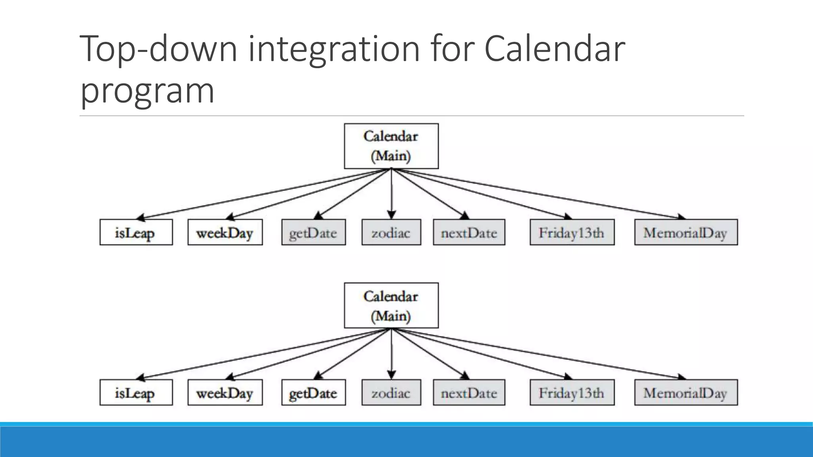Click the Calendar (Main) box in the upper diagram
[x=391, y=146]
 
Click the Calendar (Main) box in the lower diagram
[x=391, y=305]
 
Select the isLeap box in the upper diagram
[x=136, y=232]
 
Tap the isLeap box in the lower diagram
[x=136, y=393]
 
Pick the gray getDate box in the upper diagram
[x=313, y=232]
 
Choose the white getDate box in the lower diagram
[x=313, y=393]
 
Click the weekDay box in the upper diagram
[x=225, y=232]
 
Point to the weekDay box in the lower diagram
[x=225, y=393]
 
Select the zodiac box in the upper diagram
[x=391, y=232]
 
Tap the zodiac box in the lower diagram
[x=391, y=393]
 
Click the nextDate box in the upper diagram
[x=469, y=232]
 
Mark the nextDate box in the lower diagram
[x=469, y=393]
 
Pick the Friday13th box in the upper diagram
[x=572, y=232]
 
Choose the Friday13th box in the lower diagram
[x=572, y=393]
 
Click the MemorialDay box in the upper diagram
[x=686, y=232]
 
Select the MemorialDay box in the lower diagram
[x=686, y=393]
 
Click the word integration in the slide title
[x=333, y=49]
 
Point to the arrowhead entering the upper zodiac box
[x=391, y=215]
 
